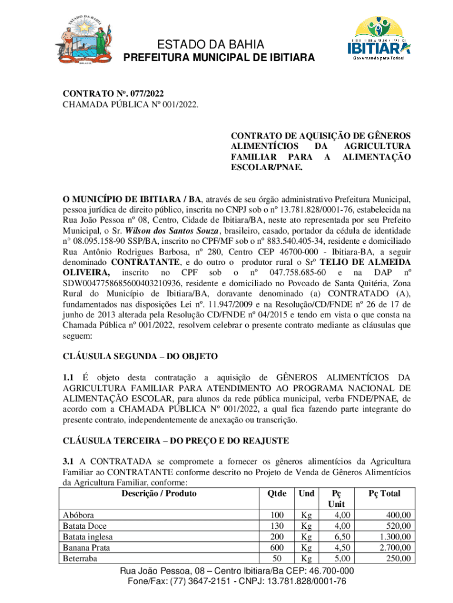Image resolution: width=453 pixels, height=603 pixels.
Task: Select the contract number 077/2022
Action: [x=144, y=94]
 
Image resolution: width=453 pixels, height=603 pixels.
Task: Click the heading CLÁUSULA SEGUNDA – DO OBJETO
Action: [x=141, y=356]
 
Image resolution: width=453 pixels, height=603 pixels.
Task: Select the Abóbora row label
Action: [x=79, y=515]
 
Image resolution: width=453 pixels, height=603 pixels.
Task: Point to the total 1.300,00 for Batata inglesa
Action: [x=396, y=536]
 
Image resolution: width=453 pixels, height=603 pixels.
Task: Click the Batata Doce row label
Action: [x=85, y=526]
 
